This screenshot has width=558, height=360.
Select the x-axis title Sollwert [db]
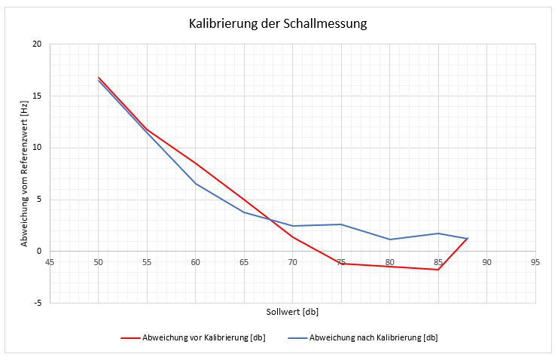(292, 311)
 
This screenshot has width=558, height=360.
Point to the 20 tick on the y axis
(37, 44)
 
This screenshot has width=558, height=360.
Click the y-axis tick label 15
(37, 96)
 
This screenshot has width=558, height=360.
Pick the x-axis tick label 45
(50, 262)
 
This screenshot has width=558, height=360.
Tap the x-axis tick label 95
(535, 262)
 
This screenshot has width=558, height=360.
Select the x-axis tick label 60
(196, 262)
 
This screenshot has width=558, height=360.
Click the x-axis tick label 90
(487, 262)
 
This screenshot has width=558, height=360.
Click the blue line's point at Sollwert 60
(196, 184)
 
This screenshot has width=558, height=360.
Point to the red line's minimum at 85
(438, 270)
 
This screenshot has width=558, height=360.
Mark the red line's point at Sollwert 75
(341, 264)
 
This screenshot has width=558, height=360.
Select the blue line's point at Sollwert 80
(390, 239)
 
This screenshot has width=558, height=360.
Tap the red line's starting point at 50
(99, 78)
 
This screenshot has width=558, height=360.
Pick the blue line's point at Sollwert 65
(244, 212)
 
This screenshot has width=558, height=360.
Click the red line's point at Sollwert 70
(293, 237)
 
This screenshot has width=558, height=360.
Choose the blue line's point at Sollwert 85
(438, 233)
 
